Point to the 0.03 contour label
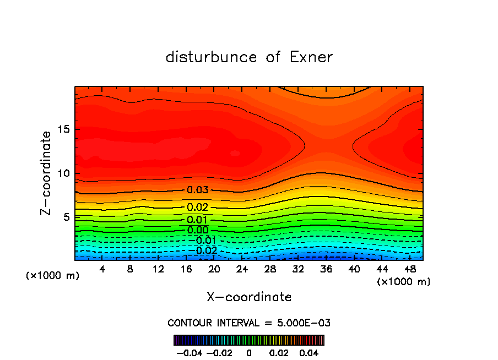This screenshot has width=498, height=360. point(198,190)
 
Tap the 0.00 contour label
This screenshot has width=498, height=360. point(198,230)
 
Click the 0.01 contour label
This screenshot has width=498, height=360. point(198,220)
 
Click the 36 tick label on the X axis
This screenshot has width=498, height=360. point(327,269)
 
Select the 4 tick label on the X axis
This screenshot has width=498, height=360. point(102,269)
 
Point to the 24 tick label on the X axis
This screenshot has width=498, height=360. point(242,269)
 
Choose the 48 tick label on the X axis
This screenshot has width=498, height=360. point(410,269)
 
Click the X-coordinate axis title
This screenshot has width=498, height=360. point(249,297)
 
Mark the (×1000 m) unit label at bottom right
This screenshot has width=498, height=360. point(404,282)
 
